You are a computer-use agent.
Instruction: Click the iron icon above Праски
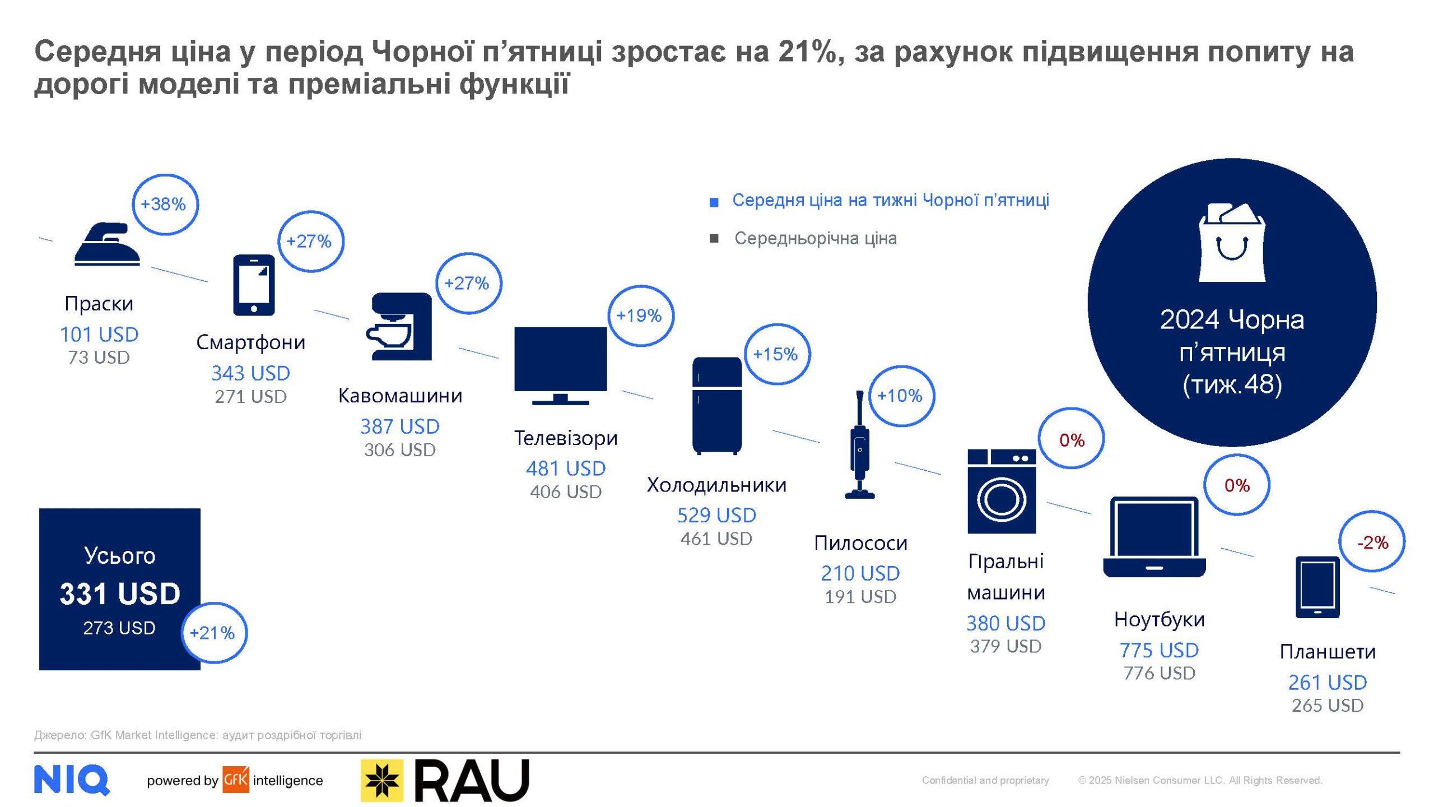pyautogui.click(x=107, y=244)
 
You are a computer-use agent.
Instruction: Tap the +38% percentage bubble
pyautogui.click(x=165, y=205)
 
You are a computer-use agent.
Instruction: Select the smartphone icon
pyautogui.click(x=254, y=285)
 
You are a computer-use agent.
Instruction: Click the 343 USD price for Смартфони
pyautogui.click(x=250, y=373)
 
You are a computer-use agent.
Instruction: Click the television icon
pyautogui.click(x=560, y=365)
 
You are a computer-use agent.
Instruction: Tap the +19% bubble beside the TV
pyautogui.click(x=640, y=316)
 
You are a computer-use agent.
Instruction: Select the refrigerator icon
pyautogui.click(x=716, y=405)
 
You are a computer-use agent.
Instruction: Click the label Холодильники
pyautogui.click(x=716, y=485)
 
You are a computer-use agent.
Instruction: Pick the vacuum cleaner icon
pyautogui.click(x=859, y=446)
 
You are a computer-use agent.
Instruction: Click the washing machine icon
pyautogui.click(x=1002, y=491)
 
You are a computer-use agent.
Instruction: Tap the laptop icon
pyautogui.click(x=1154, y=537)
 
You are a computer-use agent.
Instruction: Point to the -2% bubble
pyautogui.click(x=1372, y=542)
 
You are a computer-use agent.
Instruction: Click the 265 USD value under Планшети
pyautogui.click(x=1327, y=706)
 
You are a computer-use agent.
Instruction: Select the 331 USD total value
pyautogui.click(x=120, y=594)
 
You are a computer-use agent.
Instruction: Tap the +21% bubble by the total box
pyautogui.click(x=213, y=633)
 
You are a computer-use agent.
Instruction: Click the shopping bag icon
pyautogui.click(x=1231, y=243)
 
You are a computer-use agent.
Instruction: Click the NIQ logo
pyautogui.click(x=72, y=780)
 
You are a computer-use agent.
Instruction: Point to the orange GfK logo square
pyautogui.click(x=235, y=780)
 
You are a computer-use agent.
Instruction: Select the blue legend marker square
pyautogui.click(x=714, y=202)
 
